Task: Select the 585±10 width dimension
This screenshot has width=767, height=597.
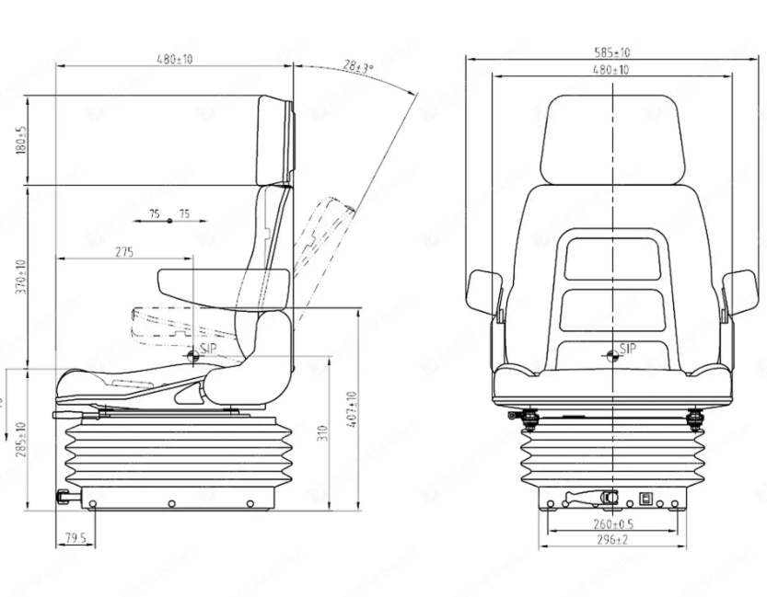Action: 612,53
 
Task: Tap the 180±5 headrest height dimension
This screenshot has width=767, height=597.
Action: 21,140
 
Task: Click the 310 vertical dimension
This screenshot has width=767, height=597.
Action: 322,433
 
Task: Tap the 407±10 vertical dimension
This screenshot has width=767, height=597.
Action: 353,410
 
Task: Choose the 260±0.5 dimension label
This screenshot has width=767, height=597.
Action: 612,524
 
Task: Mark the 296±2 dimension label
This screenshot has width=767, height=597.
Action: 612,540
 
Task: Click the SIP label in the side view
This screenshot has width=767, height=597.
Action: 205,350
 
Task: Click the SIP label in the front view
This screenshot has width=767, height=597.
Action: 628,349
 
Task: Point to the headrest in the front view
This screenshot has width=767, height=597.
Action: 612,138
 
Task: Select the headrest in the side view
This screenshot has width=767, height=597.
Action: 276,138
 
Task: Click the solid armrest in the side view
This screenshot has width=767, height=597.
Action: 198,283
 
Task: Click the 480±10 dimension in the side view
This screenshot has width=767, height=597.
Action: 173,59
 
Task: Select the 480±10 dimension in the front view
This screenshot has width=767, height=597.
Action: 612,70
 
